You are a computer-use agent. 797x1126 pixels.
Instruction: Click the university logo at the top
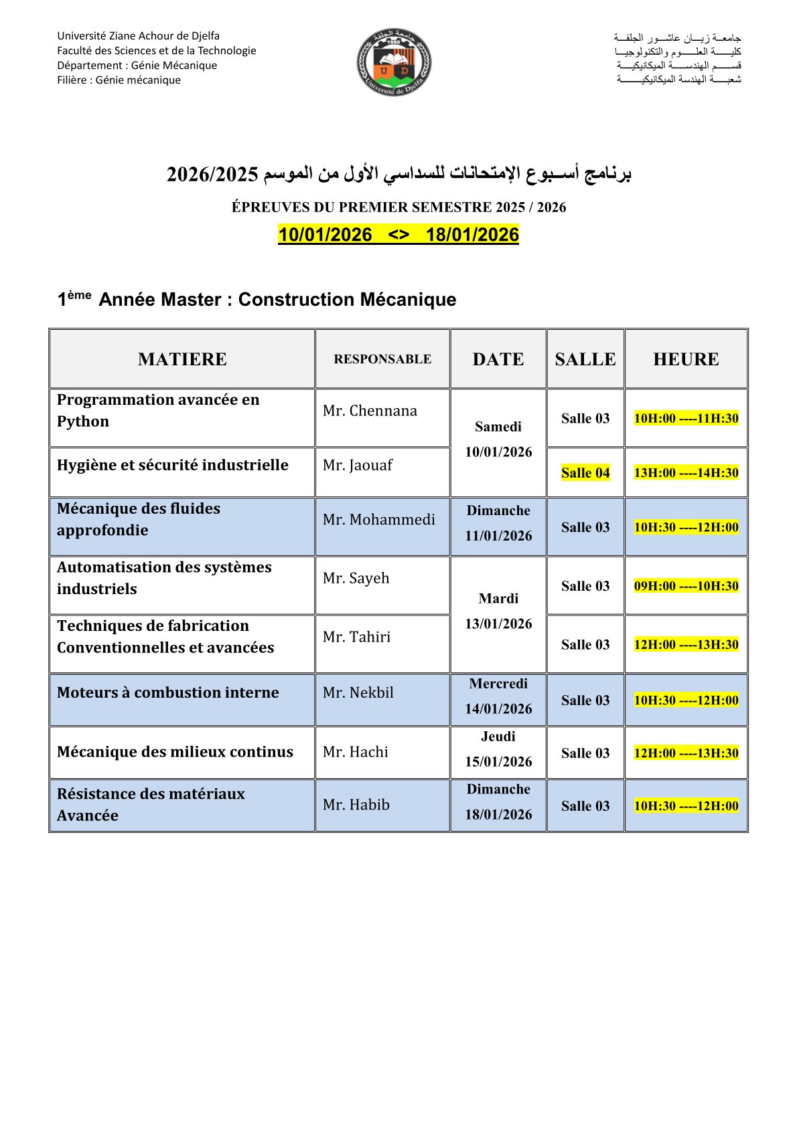(x=394, y=62)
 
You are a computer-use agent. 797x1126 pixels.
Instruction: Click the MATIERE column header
(x=182, y=359)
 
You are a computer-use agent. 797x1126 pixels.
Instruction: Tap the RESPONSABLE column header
(x=382, y=359)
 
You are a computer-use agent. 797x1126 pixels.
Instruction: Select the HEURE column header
(x=686, y=359)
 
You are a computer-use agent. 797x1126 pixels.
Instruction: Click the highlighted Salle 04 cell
(x=585, y=473)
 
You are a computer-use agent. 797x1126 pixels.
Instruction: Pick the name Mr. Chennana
(x=370, y=411)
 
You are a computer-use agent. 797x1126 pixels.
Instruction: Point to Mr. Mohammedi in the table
(x=378, y=519)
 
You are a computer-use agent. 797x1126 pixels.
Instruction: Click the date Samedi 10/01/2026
(x=498, y=440)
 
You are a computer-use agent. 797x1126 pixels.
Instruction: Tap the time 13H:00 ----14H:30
(x=686, y=473)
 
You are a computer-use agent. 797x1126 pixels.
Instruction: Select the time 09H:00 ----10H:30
(x=686, y=586)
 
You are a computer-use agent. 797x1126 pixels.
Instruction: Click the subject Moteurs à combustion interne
(x=168, y=692)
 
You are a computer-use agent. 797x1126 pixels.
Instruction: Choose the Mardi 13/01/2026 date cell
(x=498, y=612)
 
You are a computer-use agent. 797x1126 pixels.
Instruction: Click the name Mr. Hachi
(x=356, y=752)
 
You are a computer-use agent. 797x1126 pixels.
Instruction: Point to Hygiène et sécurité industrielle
(x=173, y=465)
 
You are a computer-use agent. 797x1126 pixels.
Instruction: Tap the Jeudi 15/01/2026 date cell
(x=498, y=749)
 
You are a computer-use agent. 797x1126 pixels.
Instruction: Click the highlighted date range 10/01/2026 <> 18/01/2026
(x=398, y=235)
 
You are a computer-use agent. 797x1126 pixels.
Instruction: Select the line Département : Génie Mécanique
(x=137, y=66)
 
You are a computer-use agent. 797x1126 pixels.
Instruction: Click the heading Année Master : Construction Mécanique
(x=277, y=299)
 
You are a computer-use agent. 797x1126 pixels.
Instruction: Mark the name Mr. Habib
(x=356, y=805)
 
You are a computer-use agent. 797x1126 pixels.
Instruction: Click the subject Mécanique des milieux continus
(x=175, y=752)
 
